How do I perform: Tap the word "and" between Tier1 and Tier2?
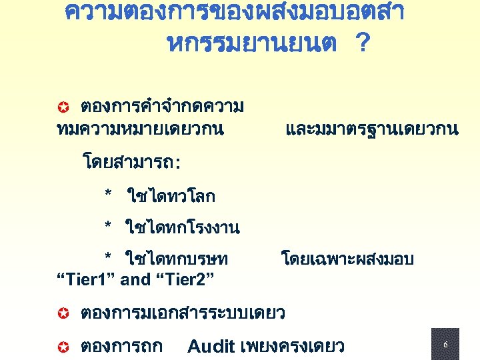[x=135, y=279]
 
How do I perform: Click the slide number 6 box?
[x=445, y=345]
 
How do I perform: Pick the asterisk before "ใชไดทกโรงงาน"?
[x=108, y=227]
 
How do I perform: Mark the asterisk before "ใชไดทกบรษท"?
[x=108, y=259]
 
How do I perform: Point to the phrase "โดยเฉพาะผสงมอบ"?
[x=347, y=259]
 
